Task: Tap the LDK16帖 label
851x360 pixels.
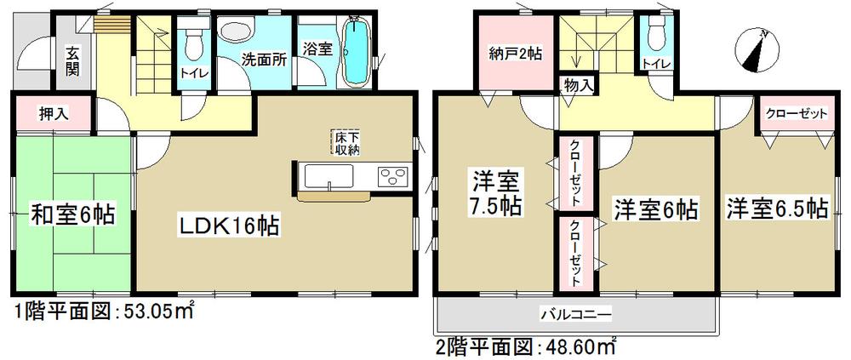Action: (x=229, y=226)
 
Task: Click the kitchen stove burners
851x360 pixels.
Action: (x=392, y=176)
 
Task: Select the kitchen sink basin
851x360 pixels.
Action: (x=328, y=177)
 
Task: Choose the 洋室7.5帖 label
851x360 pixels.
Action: (x=497, y=193)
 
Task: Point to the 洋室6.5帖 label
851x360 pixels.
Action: (x=777, y=208)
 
